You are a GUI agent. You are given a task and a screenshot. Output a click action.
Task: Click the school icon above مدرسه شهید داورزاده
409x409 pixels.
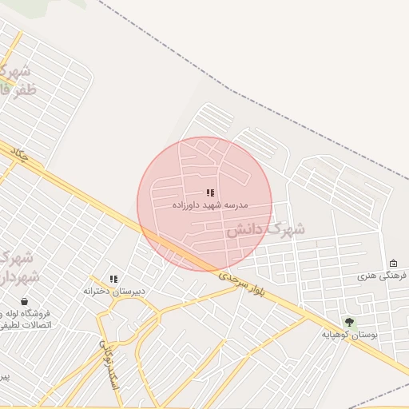pyautogui.click(x=210, y=193)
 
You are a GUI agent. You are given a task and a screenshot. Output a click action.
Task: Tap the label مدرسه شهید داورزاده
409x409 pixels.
pyautogui.click(x=210, y=205)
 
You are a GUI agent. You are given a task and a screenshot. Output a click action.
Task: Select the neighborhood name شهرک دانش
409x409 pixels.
pyautogui.click(x=264, y=229)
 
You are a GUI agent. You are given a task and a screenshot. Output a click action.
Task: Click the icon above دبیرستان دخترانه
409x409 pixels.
pyautogui.click(x=114, y=279)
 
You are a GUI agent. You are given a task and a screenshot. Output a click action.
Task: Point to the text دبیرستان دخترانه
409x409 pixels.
pyautogui.click(x=114, y=292)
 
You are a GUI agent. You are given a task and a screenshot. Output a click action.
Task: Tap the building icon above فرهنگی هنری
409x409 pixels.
pyautogui.click(x=393, y=264)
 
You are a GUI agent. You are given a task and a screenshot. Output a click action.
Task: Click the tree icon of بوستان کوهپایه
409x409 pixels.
pyautogui.click(x=349, y=322)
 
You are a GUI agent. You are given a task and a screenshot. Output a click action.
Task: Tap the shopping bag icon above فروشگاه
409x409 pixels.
pyautogui.click(x=24, y=301)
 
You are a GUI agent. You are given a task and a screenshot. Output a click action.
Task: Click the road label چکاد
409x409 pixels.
pyautogui.click(x=18, y=154)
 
